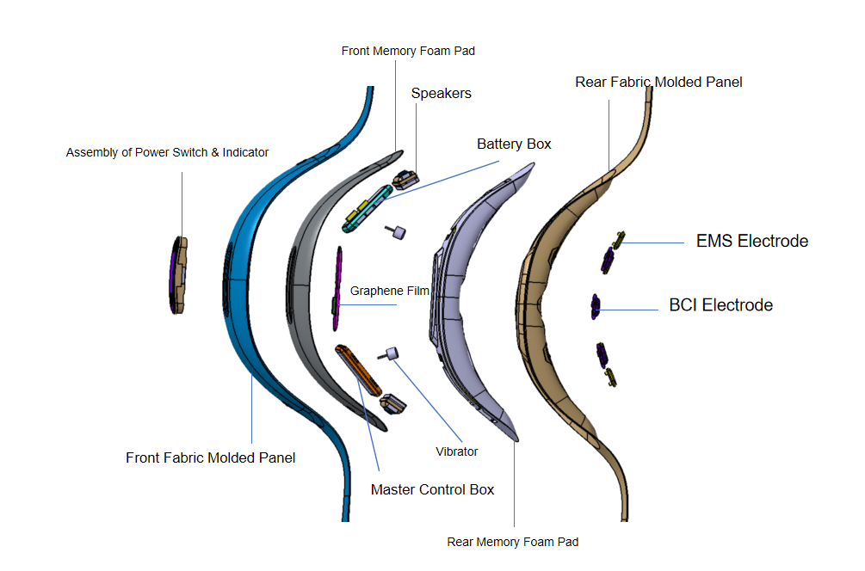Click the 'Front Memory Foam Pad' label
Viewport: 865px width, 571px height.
click(408, 52)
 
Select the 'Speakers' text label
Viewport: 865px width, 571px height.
click(442, 94)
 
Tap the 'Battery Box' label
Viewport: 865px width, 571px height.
click(514, 144)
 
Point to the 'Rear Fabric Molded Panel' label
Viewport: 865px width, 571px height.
click(658, 82)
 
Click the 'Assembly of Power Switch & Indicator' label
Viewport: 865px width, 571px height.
click(167, 153)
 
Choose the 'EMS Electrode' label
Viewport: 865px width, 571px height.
click(752, 241)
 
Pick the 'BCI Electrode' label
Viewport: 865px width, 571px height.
click(721, 304)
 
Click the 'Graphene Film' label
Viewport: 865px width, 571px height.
click(390, 291)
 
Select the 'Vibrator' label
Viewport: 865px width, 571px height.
click(457, 452)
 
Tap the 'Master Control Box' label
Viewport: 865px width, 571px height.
click(432, 489)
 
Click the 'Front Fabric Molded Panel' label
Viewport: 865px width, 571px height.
click(210, 458)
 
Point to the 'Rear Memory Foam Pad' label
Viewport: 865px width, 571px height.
click(512, 543)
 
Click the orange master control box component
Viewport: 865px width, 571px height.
click(358, 370)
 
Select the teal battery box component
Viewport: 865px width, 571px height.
click(368, 209)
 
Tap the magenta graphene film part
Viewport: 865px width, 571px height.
click(337, 288)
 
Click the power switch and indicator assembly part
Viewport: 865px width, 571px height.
click(178, 275)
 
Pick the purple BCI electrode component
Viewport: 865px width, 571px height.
click(596, 306)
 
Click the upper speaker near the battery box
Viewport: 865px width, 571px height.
click(405, 180)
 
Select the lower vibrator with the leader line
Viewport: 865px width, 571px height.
click(389, 353)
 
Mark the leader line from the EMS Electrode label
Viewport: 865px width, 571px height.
click(652, 243)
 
